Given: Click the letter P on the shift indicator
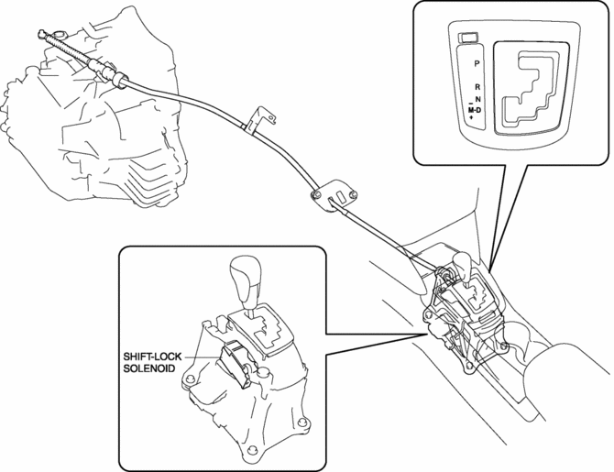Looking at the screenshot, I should (x=477, y=64).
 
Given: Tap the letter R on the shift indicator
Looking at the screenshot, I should (x=477, y=85).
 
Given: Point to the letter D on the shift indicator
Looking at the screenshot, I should (x=482, y=110).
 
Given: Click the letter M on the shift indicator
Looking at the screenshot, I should (x=470, y=110).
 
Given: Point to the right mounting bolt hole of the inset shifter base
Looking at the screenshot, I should (x=301, y=423).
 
